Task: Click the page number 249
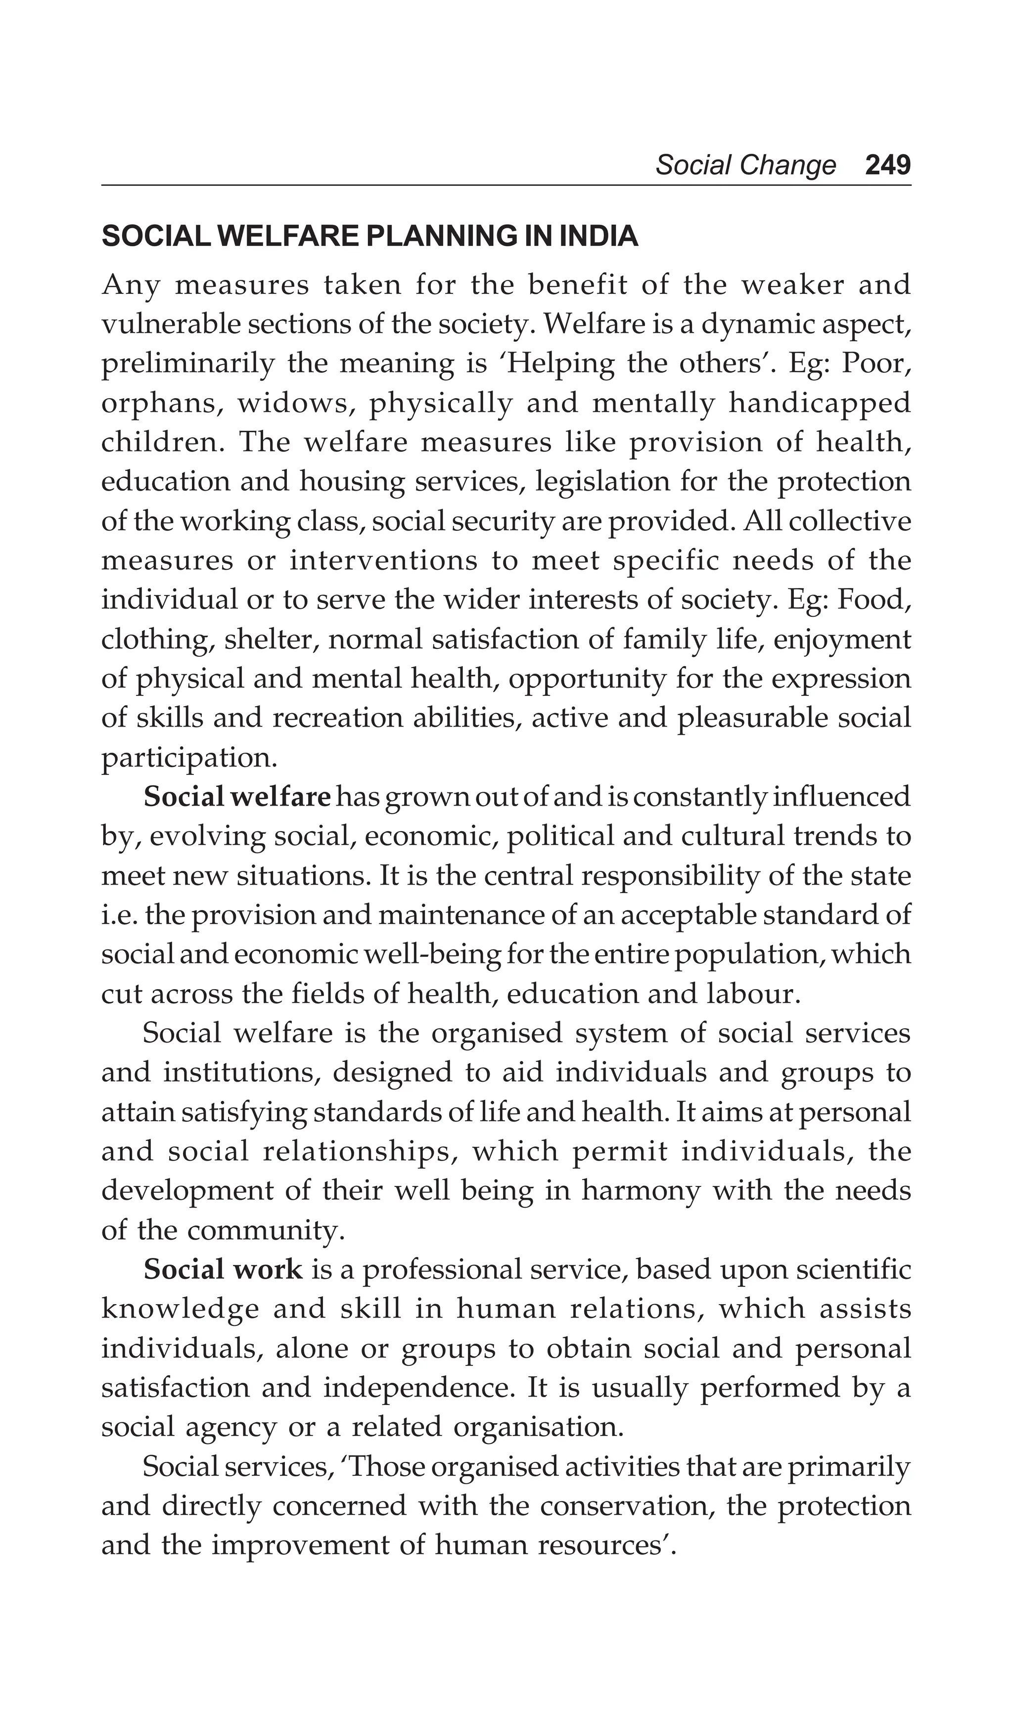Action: click(x=887, y=165)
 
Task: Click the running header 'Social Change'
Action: click(x=745, y=165)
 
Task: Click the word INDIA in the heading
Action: click(x=599, y=236)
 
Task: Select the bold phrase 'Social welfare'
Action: click(x=236, y=797)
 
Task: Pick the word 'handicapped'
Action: click(x=820, y=403)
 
